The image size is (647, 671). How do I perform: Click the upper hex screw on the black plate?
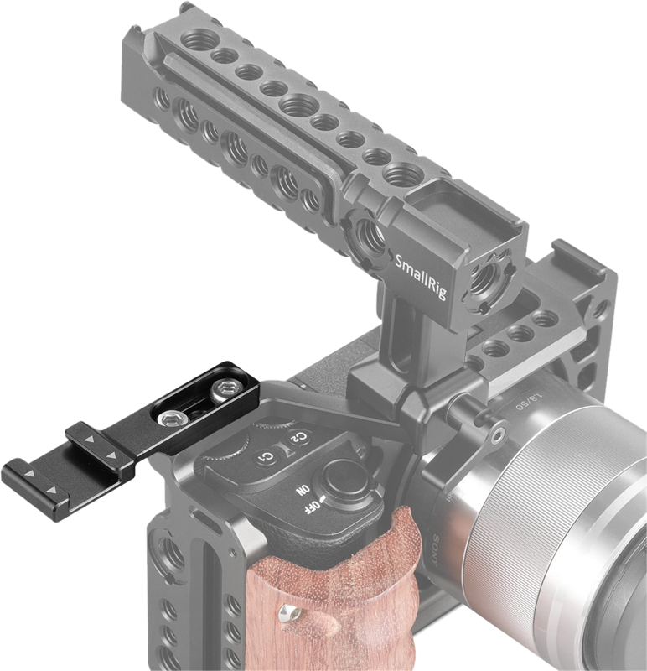pyautogui.click(x=225, y=390)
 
